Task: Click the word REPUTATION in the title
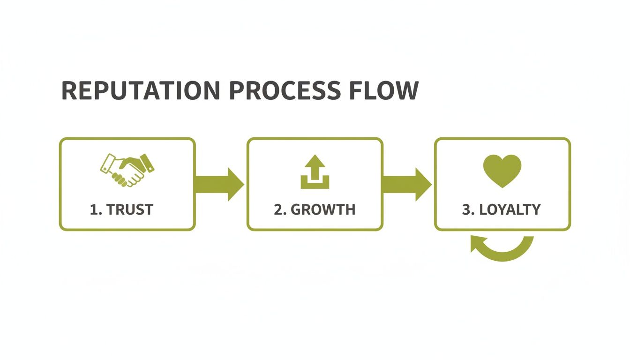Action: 140,90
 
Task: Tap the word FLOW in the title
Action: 383,90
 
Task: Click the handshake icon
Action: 127,169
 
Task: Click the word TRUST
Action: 130,209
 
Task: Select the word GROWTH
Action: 322,209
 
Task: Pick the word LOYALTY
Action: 510,209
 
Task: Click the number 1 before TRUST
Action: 94,209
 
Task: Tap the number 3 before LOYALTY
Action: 467,209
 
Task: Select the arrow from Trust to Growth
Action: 219,184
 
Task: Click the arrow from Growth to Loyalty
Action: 407,184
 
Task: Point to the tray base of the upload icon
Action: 315,184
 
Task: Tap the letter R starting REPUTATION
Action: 69,90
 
